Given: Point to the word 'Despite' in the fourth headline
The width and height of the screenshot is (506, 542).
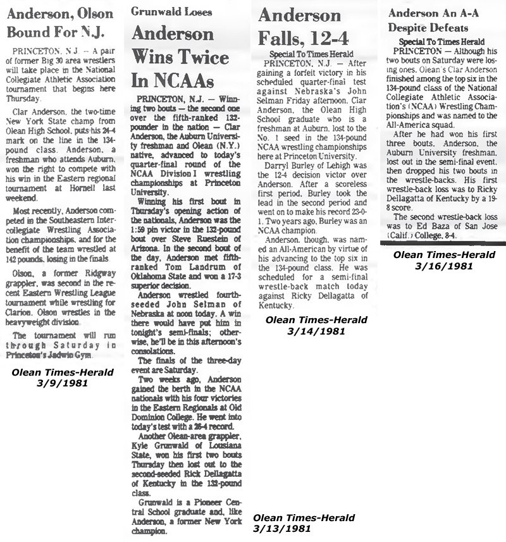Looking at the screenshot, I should pos(410,28).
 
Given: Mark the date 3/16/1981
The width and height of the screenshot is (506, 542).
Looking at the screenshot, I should pos(437,266).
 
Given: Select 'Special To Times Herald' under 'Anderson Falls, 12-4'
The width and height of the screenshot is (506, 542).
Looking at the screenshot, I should pos(311,54).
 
